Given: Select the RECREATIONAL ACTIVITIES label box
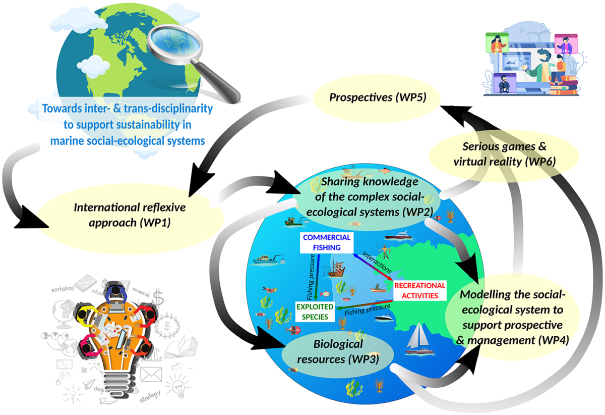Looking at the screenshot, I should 420,290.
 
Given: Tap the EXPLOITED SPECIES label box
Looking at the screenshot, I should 315,312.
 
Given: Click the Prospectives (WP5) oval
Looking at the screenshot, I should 378,97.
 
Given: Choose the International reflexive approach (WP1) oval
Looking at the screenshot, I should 130,214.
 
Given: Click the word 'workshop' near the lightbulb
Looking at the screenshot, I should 63,288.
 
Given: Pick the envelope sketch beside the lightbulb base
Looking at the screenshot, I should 150,374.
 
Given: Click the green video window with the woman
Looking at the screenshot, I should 496,43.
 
